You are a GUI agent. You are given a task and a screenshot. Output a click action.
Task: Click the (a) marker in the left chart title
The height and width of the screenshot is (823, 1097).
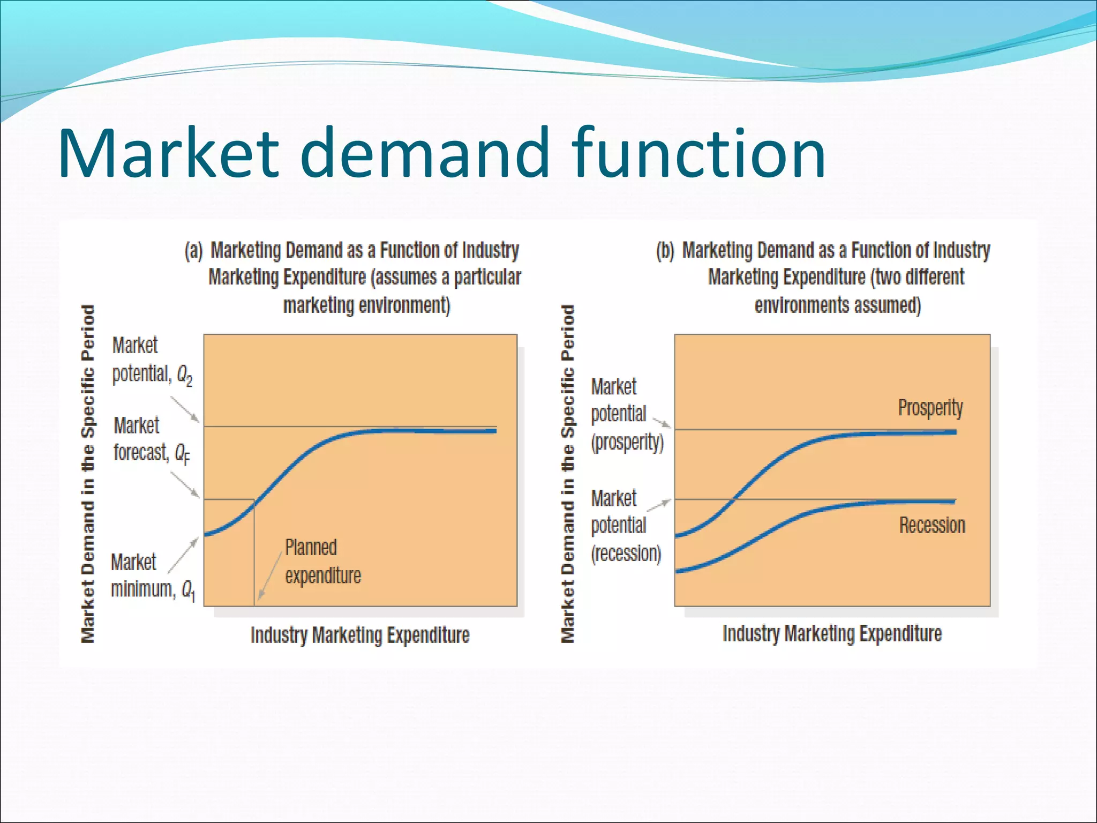click(x=194, y=251)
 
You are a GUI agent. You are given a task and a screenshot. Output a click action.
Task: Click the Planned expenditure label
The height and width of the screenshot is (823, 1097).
click(x=322, y=562)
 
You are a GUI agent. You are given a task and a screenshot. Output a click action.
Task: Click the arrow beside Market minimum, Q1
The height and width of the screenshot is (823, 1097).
click(x=183, y=555)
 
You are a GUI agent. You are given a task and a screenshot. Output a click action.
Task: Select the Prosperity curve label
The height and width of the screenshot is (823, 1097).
click(x=930, y=408)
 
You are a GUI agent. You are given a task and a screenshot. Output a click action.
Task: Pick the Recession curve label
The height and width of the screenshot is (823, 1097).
click(x=932, y=525)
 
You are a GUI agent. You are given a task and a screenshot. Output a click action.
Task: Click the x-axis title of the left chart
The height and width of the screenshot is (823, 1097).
click(x=360, y=635)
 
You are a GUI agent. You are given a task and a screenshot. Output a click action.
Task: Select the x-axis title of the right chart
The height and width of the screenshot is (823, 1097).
click(x=832, y=633)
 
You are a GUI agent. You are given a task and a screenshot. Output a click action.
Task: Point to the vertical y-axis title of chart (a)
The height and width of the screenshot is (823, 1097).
click(x=88, y=474)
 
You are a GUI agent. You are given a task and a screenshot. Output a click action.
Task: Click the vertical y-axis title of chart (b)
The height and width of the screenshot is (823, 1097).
click(x=567, y=474)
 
